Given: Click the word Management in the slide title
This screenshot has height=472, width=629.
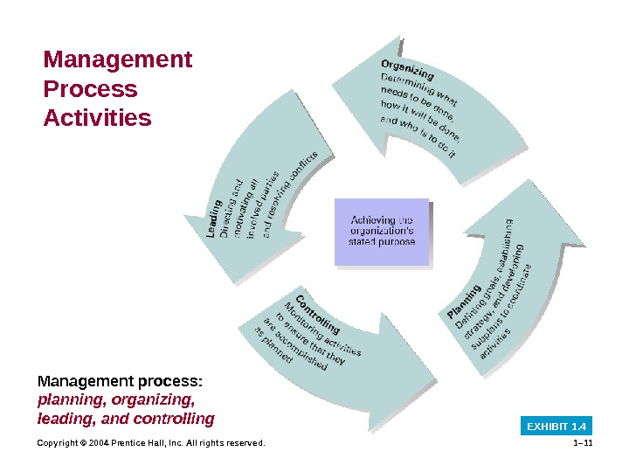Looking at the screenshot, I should tap(118, 60).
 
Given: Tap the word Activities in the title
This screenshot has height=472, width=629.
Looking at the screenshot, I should tap(97, 117).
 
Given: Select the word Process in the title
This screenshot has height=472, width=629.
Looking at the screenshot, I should tap(91, 89).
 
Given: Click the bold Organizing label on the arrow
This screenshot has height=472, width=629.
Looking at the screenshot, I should tap(407, 69).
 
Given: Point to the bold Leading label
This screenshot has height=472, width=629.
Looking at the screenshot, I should tap(213, 219).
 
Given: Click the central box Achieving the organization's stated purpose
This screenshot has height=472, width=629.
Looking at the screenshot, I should tap(382, 231).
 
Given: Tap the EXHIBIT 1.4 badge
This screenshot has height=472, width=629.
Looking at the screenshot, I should tap(556, 427).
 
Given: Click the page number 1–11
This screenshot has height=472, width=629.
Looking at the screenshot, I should tap(581, 443).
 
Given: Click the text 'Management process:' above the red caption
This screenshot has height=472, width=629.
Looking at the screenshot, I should tap(120, 381).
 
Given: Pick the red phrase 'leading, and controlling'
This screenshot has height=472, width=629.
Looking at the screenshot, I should tap(125, 419).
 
